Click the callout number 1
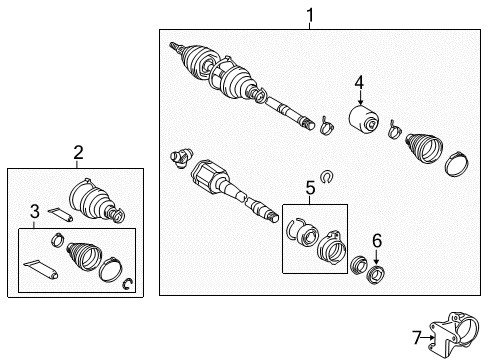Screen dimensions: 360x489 coord(310,15)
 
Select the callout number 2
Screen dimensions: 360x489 coord(78,153)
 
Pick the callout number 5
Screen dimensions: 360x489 coord(310,187)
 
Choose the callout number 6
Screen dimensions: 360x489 coord(376,240)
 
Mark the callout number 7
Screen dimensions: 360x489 coord(415,337)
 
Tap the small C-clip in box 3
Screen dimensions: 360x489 coord(127,288)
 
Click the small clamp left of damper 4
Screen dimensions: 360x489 coord(325,125)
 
